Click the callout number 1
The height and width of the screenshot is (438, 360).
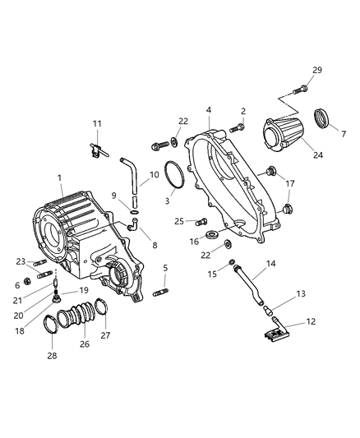(x=60, y=178)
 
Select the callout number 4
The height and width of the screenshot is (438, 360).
(x=209, y=109)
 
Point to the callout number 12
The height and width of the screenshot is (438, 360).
(x=311, y=321)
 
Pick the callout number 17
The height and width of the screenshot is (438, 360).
(x=289, y=182)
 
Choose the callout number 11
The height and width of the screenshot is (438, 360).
(x=97, y=124)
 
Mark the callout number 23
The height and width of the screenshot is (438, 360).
(x=21, y=262)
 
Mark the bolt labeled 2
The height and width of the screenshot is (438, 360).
(x=237, y=127)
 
